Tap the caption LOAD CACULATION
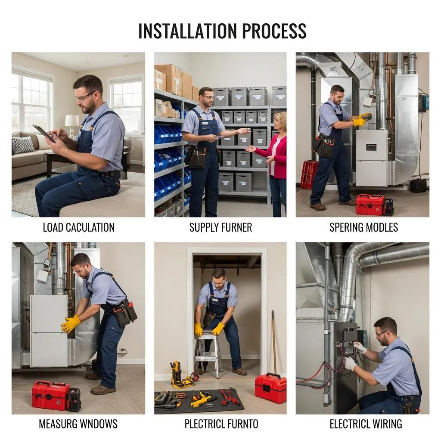(78, 227)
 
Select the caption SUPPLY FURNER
(220, 227)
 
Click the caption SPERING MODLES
(363, 227)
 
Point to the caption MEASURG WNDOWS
(78, 424)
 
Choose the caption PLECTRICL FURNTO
(221, 424)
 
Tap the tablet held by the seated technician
(44, 133)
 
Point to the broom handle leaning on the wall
(273, 340)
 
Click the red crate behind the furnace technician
(309, 174)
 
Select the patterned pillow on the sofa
(22, 145)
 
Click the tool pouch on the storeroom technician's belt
(196, 157)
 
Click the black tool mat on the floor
(199, 401)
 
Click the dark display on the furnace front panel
(371, 147)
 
